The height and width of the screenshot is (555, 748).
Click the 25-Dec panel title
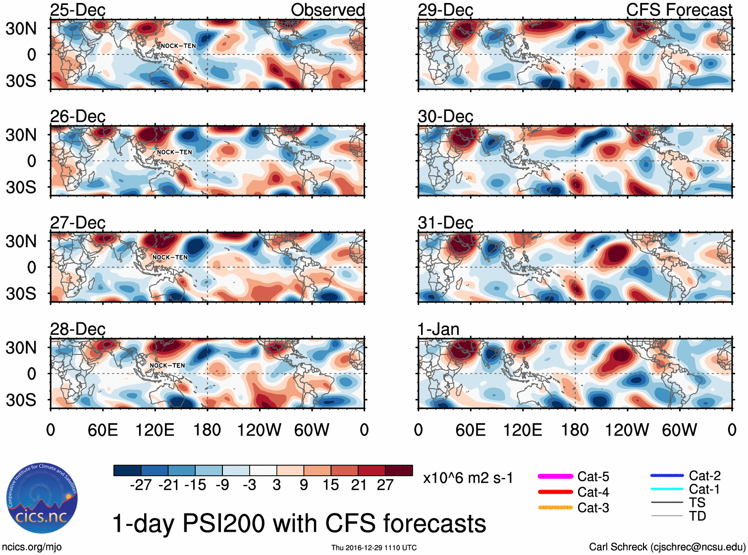tap(78, 10)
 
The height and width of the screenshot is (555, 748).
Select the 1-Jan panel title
tap(438, 329)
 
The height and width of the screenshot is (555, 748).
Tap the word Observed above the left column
tap(327, 10)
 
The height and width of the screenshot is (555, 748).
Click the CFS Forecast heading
tap(679, 10)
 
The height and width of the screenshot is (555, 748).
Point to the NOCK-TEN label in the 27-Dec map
tap(170, 257)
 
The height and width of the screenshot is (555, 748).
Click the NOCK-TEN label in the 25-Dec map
tap(178, 46)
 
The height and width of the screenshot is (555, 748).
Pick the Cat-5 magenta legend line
tap(555, 476)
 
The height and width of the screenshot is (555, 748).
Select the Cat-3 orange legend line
tap(555, 507)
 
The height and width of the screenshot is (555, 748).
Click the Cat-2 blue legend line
tap(667, 476)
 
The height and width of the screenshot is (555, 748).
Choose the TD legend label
tap(697, 516)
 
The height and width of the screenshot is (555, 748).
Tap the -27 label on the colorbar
tap(141, 485)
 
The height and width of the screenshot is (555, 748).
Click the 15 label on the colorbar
tap(331, 485)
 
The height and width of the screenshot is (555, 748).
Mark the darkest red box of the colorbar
tap(399, 470)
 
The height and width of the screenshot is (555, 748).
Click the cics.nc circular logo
tap(42, 499)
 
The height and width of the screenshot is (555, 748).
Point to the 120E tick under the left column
tap(155, 430)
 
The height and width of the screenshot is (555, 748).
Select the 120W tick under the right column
tap(627, 430)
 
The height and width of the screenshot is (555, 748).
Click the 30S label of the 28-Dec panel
tap(21, 400)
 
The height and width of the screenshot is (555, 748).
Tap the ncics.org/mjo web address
tap(32, 547)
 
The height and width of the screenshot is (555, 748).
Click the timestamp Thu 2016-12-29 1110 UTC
tap(374, 548)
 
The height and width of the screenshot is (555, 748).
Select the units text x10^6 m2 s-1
tap(468, 478)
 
